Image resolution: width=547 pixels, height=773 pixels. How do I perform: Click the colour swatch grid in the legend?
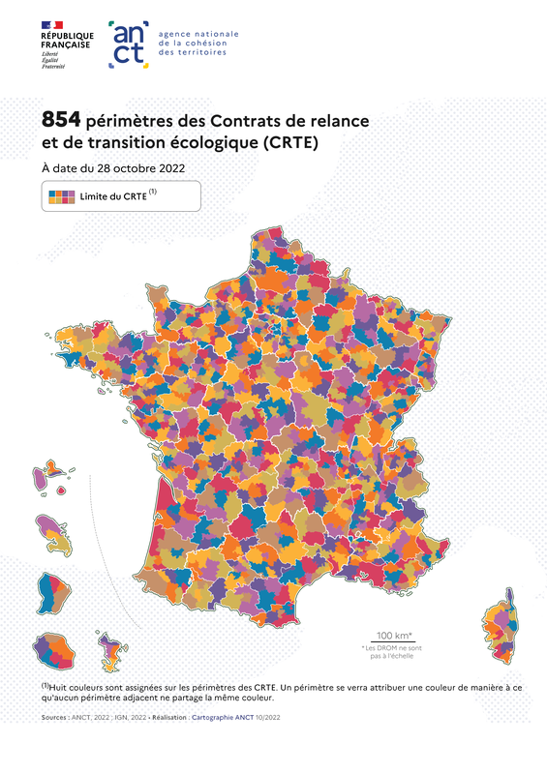point(62,196)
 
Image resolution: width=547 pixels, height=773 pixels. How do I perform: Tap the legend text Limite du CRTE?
point(113,196)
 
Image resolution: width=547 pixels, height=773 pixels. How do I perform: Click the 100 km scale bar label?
point(380,636)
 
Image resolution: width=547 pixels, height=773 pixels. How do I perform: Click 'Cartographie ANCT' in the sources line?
point(225,718)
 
